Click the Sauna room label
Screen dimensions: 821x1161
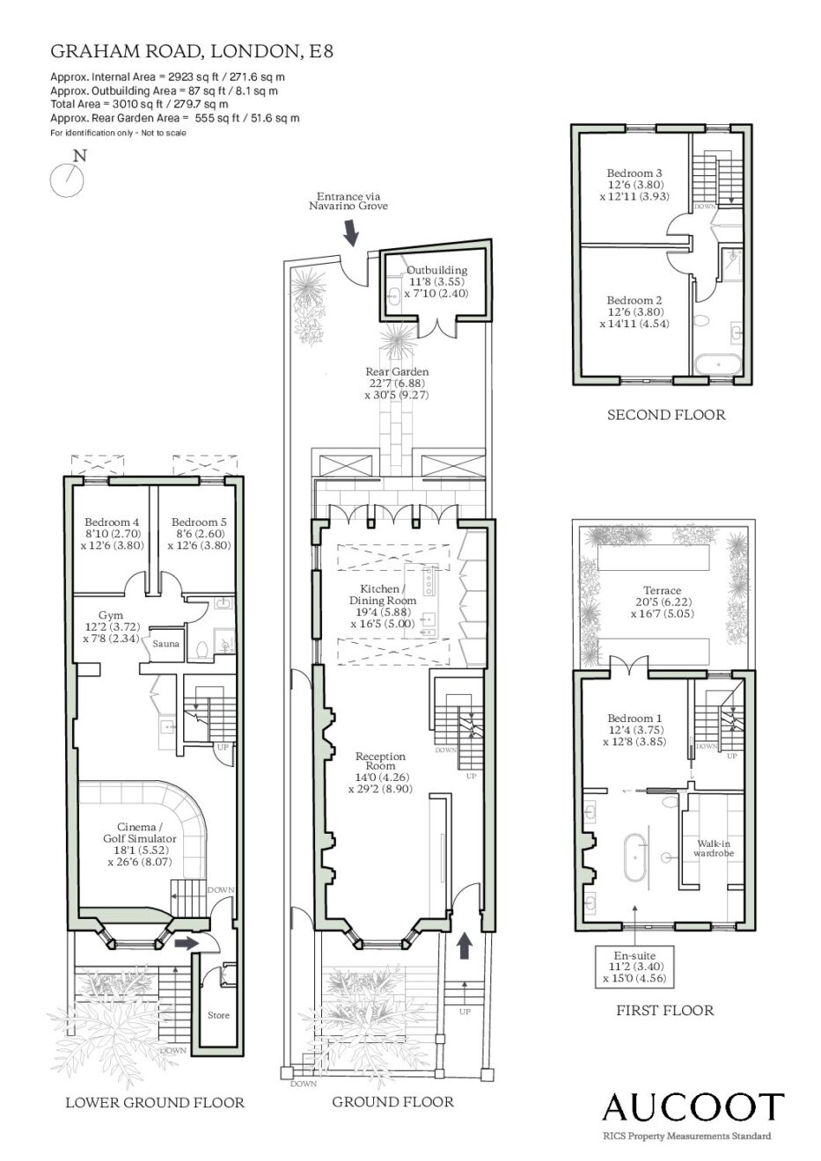point(166,644)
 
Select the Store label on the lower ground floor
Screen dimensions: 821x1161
point(218,1015)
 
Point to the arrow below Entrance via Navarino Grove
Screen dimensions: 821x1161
point(352,232)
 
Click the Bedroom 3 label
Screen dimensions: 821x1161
point(634,173)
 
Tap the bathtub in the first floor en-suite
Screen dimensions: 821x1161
point(635,857)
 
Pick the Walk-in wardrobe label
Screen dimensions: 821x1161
point(714,848)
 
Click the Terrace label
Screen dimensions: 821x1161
point(662,590)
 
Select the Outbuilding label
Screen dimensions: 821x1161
point(436,270)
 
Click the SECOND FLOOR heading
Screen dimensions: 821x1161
point(666,414)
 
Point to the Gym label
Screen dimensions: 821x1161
point(111,615)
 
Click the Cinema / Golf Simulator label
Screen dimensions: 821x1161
point(140,832)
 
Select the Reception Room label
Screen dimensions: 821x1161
point(380,761)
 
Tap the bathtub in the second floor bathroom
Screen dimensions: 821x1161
point(718,365)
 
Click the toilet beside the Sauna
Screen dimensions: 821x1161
point(202,649)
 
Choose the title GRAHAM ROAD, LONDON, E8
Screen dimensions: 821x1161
point(192,51)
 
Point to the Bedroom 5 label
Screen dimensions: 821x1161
point(199,522)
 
